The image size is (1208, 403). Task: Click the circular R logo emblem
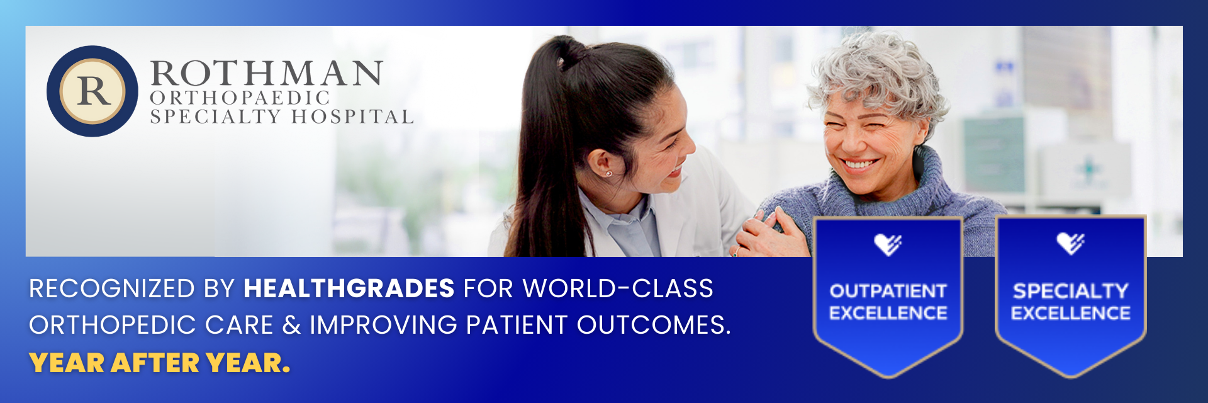(x=92, y=91)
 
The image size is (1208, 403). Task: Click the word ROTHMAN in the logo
(x=266, y=74)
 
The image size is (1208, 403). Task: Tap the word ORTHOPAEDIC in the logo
(x=240, y=98)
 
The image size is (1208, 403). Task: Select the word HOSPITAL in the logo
(x=352, y=117)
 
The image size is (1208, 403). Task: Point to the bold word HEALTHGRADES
(x=349, y=289)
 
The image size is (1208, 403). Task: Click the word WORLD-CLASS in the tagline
(x=618, y=289)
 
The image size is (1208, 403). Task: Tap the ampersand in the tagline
(x=291, y=326)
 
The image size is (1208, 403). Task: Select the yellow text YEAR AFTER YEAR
(x=160, y=363)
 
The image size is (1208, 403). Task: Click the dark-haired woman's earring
(x=608, y=173)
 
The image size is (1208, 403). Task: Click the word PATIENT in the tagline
(x=517, y=326)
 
